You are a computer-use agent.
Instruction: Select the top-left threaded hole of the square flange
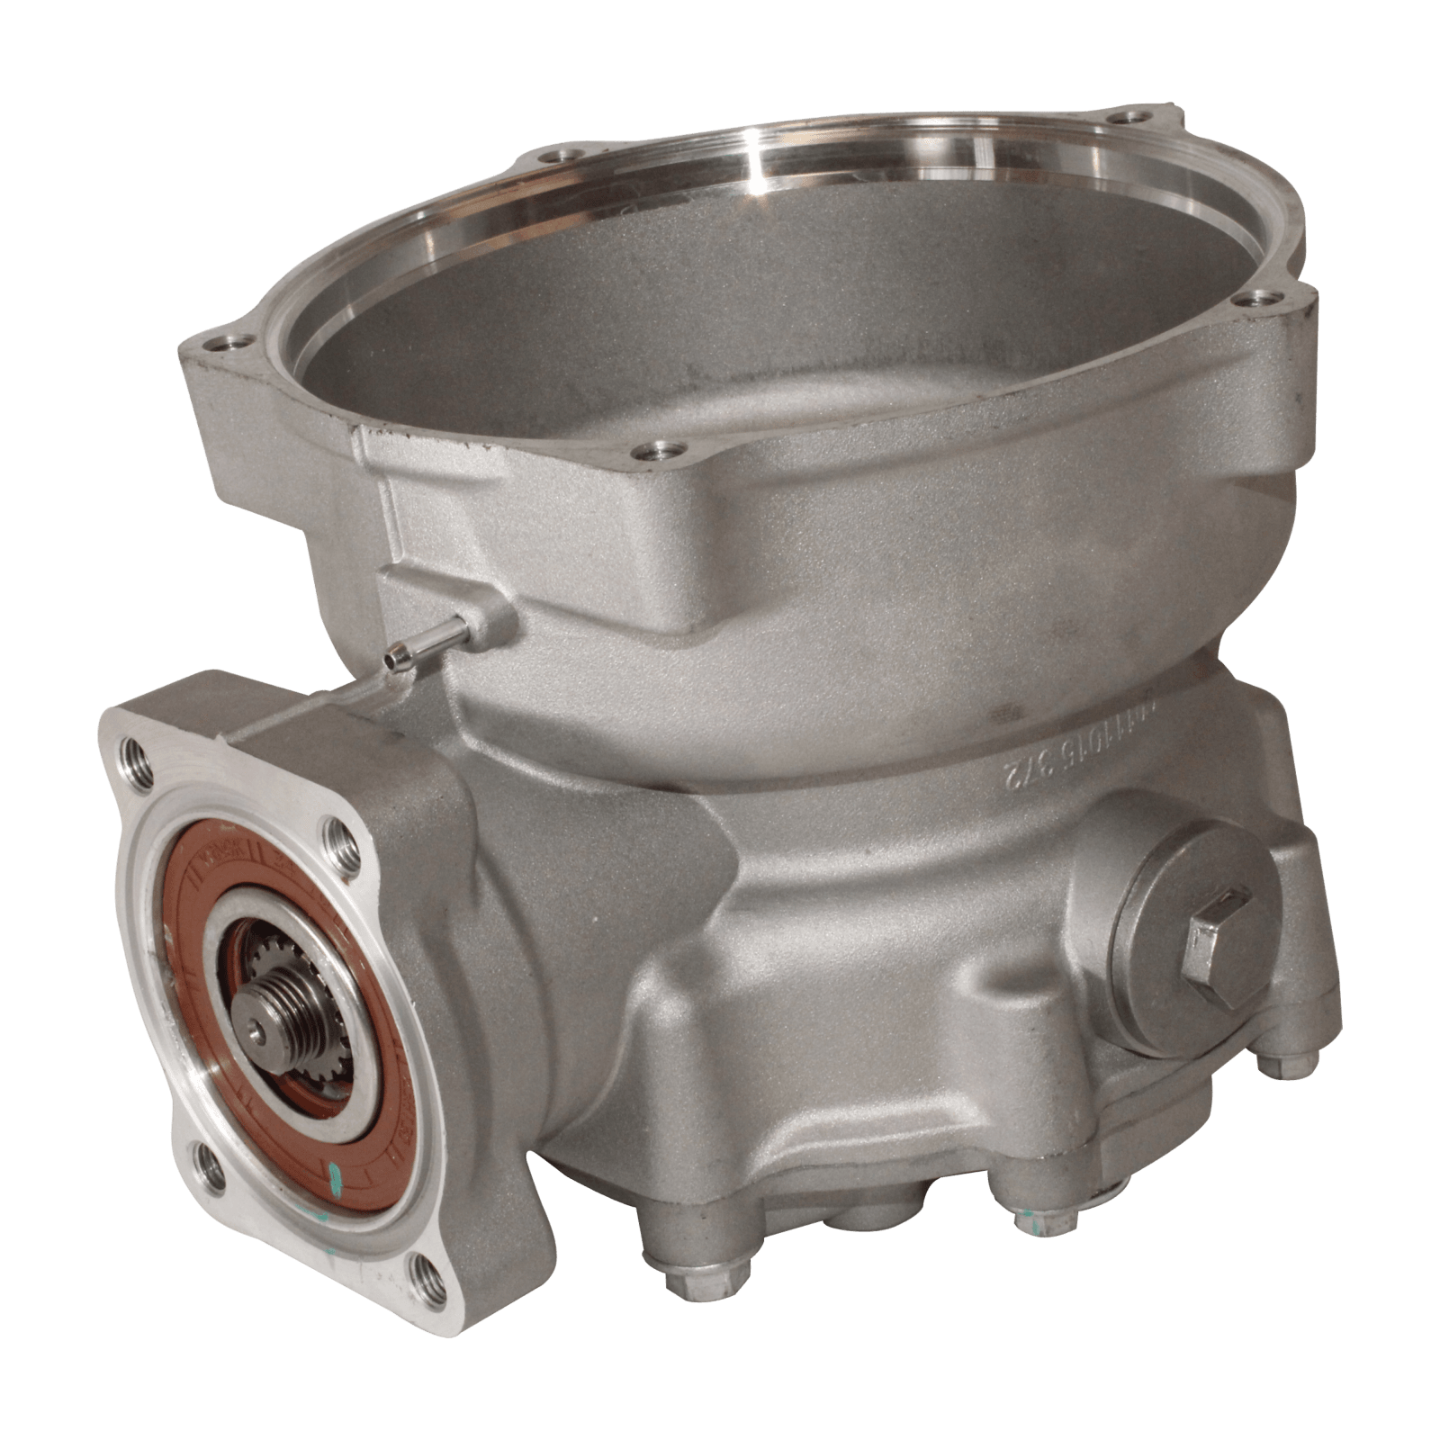click(137, 747)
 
